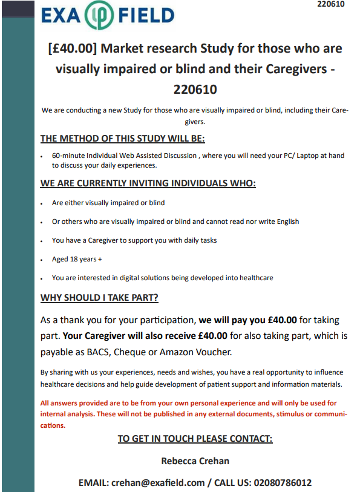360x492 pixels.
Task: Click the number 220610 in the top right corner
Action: tap(330, 4)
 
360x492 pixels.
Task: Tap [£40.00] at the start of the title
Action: tap(72, 49)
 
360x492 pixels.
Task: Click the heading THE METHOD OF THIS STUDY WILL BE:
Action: tap(123, 139)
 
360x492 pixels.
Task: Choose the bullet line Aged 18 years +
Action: tap(77, 259)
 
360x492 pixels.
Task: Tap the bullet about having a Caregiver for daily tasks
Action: tap(134, 240)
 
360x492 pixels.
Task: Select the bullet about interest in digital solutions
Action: tap(162, 278)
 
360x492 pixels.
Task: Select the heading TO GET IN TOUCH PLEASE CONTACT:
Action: tap(195, 439)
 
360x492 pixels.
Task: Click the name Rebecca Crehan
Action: tap(194, 461)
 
